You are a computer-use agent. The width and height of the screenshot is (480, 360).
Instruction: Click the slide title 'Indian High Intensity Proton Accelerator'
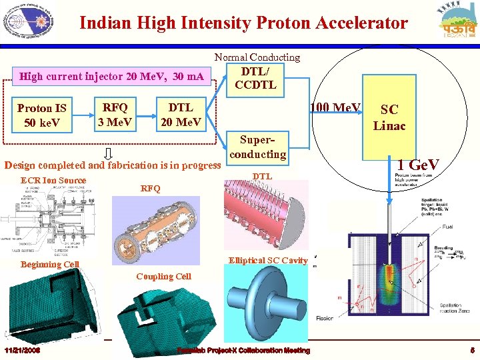243,23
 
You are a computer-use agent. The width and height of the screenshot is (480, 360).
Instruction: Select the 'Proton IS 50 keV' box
42,115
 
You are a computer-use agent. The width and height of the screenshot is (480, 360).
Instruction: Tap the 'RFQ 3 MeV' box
115,114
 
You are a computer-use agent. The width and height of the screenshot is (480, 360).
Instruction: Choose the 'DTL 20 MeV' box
181,114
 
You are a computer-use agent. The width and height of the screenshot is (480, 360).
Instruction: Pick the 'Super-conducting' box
258,147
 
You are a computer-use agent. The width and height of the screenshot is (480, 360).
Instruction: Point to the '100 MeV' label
336,108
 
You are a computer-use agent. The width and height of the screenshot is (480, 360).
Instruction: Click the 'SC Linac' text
389,117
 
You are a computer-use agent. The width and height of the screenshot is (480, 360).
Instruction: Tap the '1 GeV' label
418,164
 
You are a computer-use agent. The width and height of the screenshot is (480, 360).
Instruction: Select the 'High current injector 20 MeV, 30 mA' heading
112,76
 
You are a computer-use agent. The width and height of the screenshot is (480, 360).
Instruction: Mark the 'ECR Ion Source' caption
53,180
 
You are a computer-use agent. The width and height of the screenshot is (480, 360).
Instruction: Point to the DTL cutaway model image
264,213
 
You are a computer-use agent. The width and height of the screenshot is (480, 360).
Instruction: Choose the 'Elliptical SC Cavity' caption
268,260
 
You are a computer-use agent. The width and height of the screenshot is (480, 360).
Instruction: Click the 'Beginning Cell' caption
50,265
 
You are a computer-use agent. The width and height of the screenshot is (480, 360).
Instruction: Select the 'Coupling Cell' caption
163,276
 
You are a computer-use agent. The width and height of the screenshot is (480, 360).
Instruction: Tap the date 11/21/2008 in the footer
23,351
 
